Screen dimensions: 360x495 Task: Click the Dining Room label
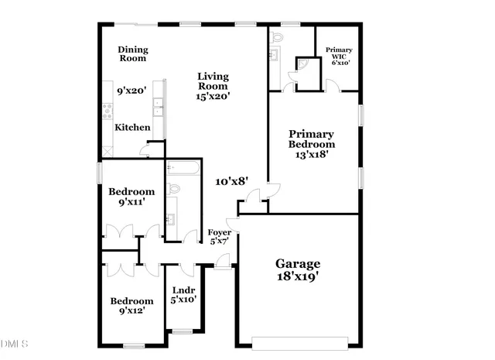[x=132, y=53]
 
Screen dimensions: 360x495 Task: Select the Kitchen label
[x=133, y=127]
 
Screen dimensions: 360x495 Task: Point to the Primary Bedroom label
[x=312, y=139]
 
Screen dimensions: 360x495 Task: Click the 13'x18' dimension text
[x=312, y=154]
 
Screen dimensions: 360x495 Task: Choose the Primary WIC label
[x=338, y=56]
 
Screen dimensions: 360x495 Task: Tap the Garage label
[x=298, y=263]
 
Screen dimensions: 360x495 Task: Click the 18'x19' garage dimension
[x=298, y=276]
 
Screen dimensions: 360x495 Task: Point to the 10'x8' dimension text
[x=231, y=181]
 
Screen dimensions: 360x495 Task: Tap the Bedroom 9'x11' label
[x=131, y=197]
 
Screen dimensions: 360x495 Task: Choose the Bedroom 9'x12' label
[x=131, y=306]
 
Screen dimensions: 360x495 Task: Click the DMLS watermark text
[x=15, y=342]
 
